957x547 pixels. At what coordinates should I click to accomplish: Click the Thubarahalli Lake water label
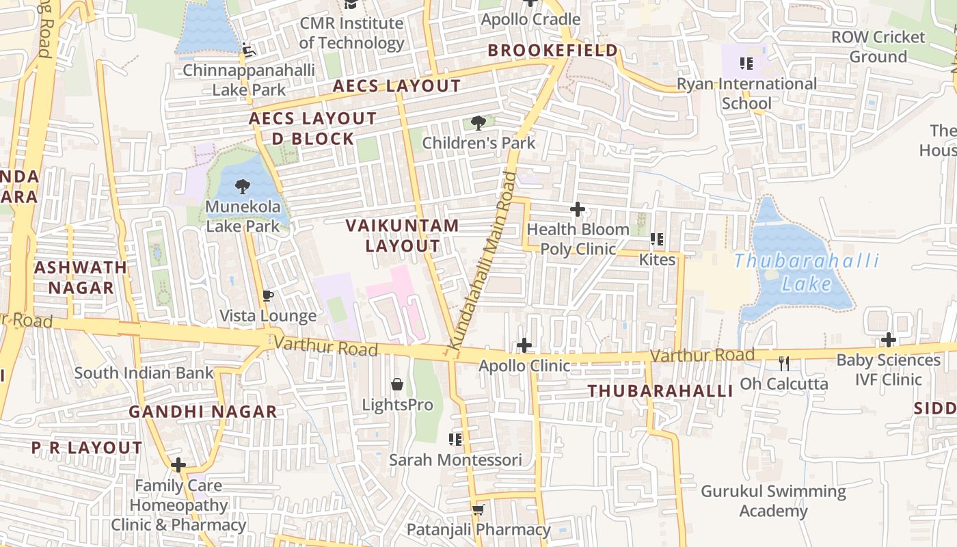[x=806, y=271]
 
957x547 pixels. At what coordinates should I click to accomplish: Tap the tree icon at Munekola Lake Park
[x=242, y=186]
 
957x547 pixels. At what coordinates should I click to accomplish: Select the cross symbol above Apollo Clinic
[x=524, y=345]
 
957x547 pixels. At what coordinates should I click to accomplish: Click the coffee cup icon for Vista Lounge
[x=268, y=295]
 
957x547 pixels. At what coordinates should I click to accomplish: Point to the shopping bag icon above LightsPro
[x=396, y=384]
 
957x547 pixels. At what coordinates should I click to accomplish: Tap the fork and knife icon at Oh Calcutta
[x=784, y=363]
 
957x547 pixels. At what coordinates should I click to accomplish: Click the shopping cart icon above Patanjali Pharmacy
[x=478, y=509]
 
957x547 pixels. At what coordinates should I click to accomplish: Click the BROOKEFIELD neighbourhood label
[x=553, y=51]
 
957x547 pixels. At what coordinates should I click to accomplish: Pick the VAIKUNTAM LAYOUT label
[x=402, y=235]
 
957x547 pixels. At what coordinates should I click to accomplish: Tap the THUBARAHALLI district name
[x=660, y=391]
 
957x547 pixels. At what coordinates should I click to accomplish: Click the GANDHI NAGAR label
[x=203, y=412]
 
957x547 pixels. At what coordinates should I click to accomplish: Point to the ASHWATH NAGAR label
[x=81, y=277]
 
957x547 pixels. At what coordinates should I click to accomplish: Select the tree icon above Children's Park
[x=478, y=123]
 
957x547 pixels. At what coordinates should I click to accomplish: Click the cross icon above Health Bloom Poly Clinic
[x=578, y=209]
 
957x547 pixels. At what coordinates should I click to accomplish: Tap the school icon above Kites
[x=657, y=239]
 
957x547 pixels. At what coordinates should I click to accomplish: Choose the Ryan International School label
[x=746, y=94]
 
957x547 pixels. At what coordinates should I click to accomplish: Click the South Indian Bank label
[x=144, y=373]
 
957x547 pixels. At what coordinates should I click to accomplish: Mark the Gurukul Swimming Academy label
[x=773, y=501]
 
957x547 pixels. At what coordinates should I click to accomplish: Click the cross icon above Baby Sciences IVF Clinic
[x=888, y=340]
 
